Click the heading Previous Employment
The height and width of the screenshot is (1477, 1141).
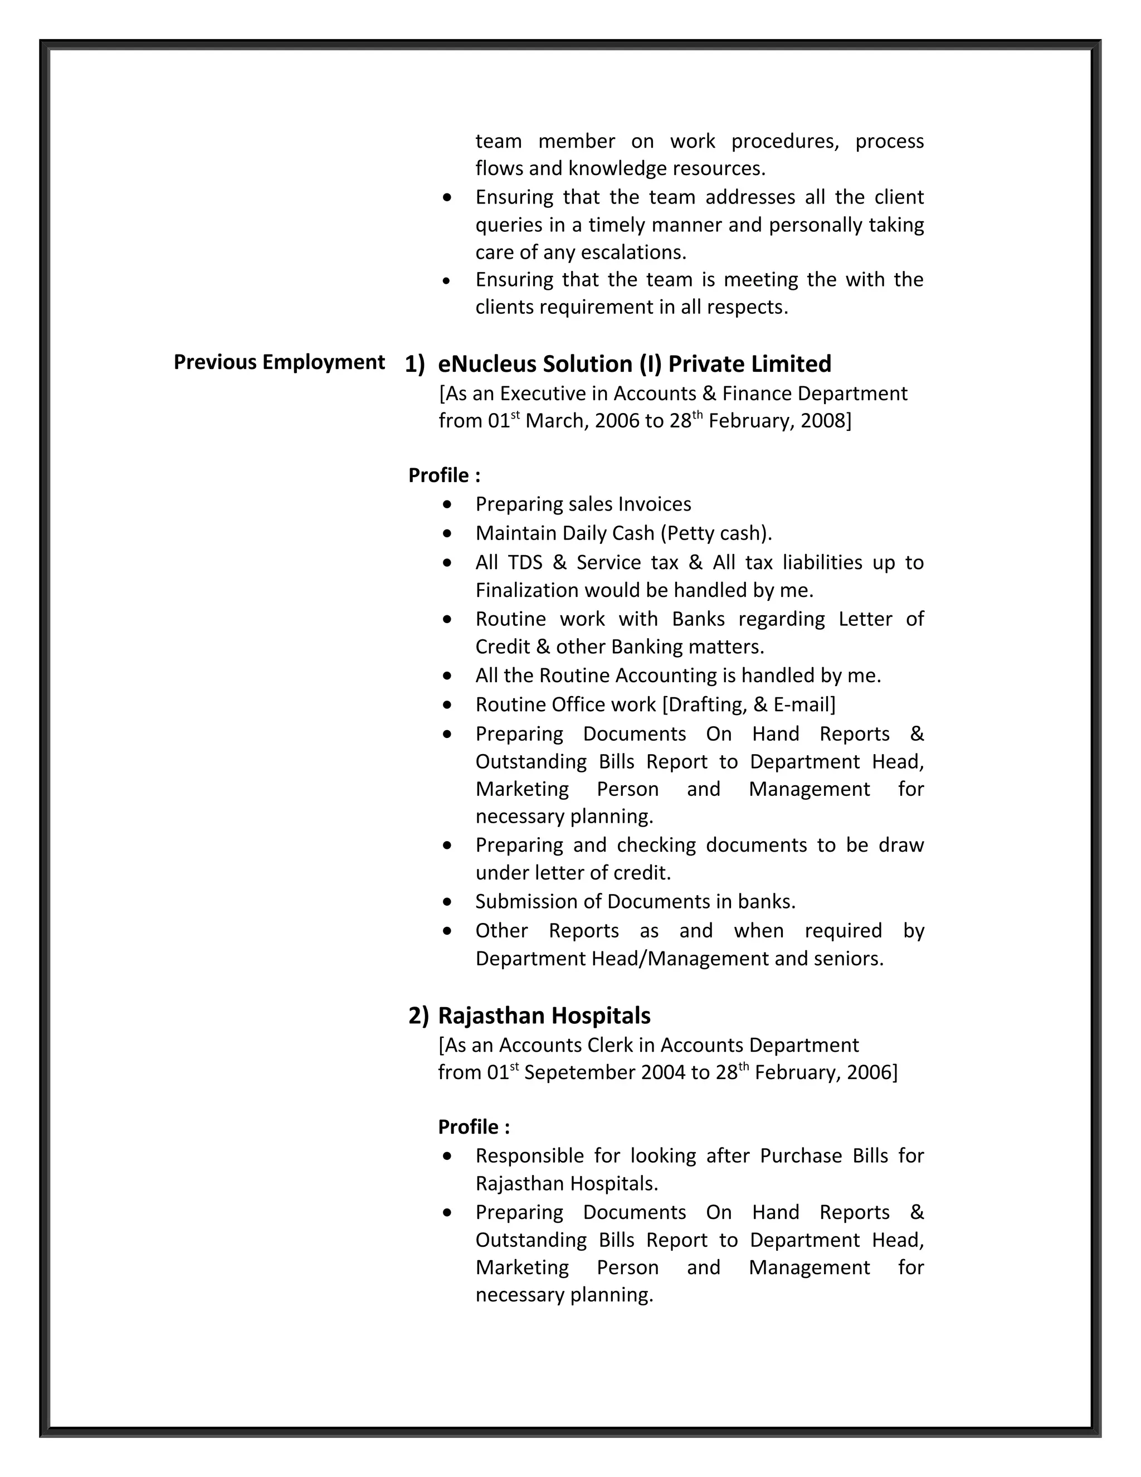pos(279,362)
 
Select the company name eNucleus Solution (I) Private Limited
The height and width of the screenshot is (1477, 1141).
pos(634,364)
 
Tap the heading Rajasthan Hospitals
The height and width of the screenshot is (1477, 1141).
pos(544,1015)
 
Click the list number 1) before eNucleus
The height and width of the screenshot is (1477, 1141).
pos(415,365)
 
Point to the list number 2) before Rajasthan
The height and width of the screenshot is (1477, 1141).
pos(418,1016)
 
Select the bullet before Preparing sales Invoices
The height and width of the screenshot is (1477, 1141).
pos(447,504)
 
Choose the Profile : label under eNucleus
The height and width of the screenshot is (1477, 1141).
pos(444,475)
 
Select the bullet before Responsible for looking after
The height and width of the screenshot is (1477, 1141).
pos(447,1157)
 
